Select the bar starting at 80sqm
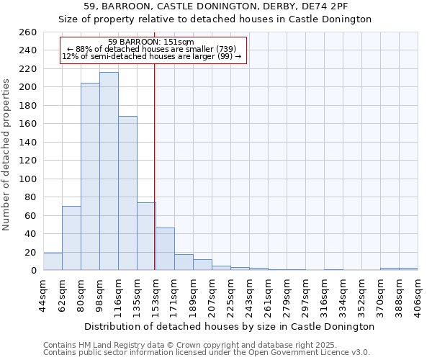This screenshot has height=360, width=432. click(x=90, y=176)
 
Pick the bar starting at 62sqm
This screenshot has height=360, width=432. click(x=71, y=238)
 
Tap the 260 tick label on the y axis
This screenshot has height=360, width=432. click(x=27, y=32)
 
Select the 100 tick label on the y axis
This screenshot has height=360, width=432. click(x=27, y=179)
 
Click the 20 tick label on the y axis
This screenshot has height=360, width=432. click(x=30, y=252)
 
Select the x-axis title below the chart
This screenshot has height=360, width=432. click(x=230, y=326)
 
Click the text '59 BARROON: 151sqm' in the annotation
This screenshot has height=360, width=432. click(x=150, y=42)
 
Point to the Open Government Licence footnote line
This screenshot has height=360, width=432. click(x=207, y=352)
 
